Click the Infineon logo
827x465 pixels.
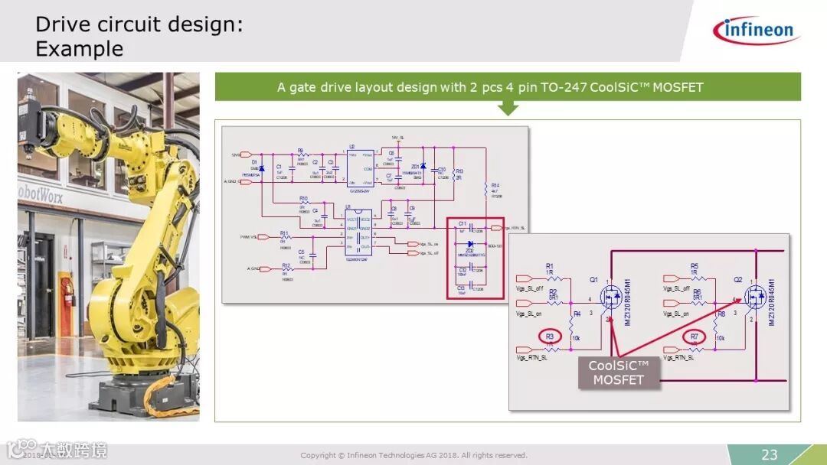pyautogui.click(x=756, y=31)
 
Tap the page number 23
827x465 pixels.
pyautogui.click(x=769, y=454)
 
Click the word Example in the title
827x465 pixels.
pyautogui.click(x=79, y=49)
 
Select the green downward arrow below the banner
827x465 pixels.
pyautogui.click(x=508, y=109)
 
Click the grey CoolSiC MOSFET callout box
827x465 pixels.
pyautogui.click(x=618, y=372)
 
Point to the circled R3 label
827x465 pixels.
pyautogui.click(x=549, y=336)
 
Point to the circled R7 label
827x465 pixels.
pyautogui.click(x=695, y=336)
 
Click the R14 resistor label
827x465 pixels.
pyautogui.click(x=495, y=185)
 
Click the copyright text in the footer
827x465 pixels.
pyautogui.click(x=413, y=456)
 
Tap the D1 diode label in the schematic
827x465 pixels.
pyautogui.click(x=254, y=163)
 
